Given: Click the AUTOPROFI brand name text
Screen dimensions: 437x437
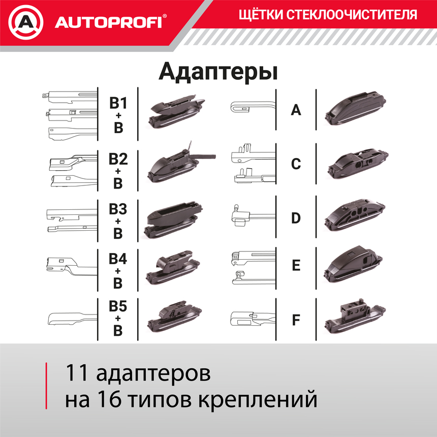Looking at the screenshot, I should (108, 22).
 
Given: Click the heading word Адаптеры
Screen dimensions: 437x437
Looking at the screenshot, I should (218, 71).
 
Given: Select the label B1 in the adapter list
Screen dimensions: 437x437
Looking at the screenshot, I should (118, 103).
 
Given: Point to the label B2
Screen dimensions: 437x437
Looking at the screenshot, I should (118, 159).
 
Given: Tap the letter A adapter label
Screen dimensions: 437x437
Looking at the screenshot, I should (296, 109).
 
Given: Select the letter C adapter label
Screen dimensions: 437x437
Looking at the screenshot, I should (296, 164).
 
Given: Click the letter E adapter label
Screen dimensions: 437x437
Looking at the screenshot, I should (296, 265).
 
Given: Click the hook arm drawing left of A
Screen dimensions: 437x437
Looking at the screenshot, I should (251, 106).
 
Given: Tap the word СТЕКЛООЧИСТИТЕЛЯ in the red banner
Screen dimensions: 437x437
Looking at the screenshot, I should (350, 15).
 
